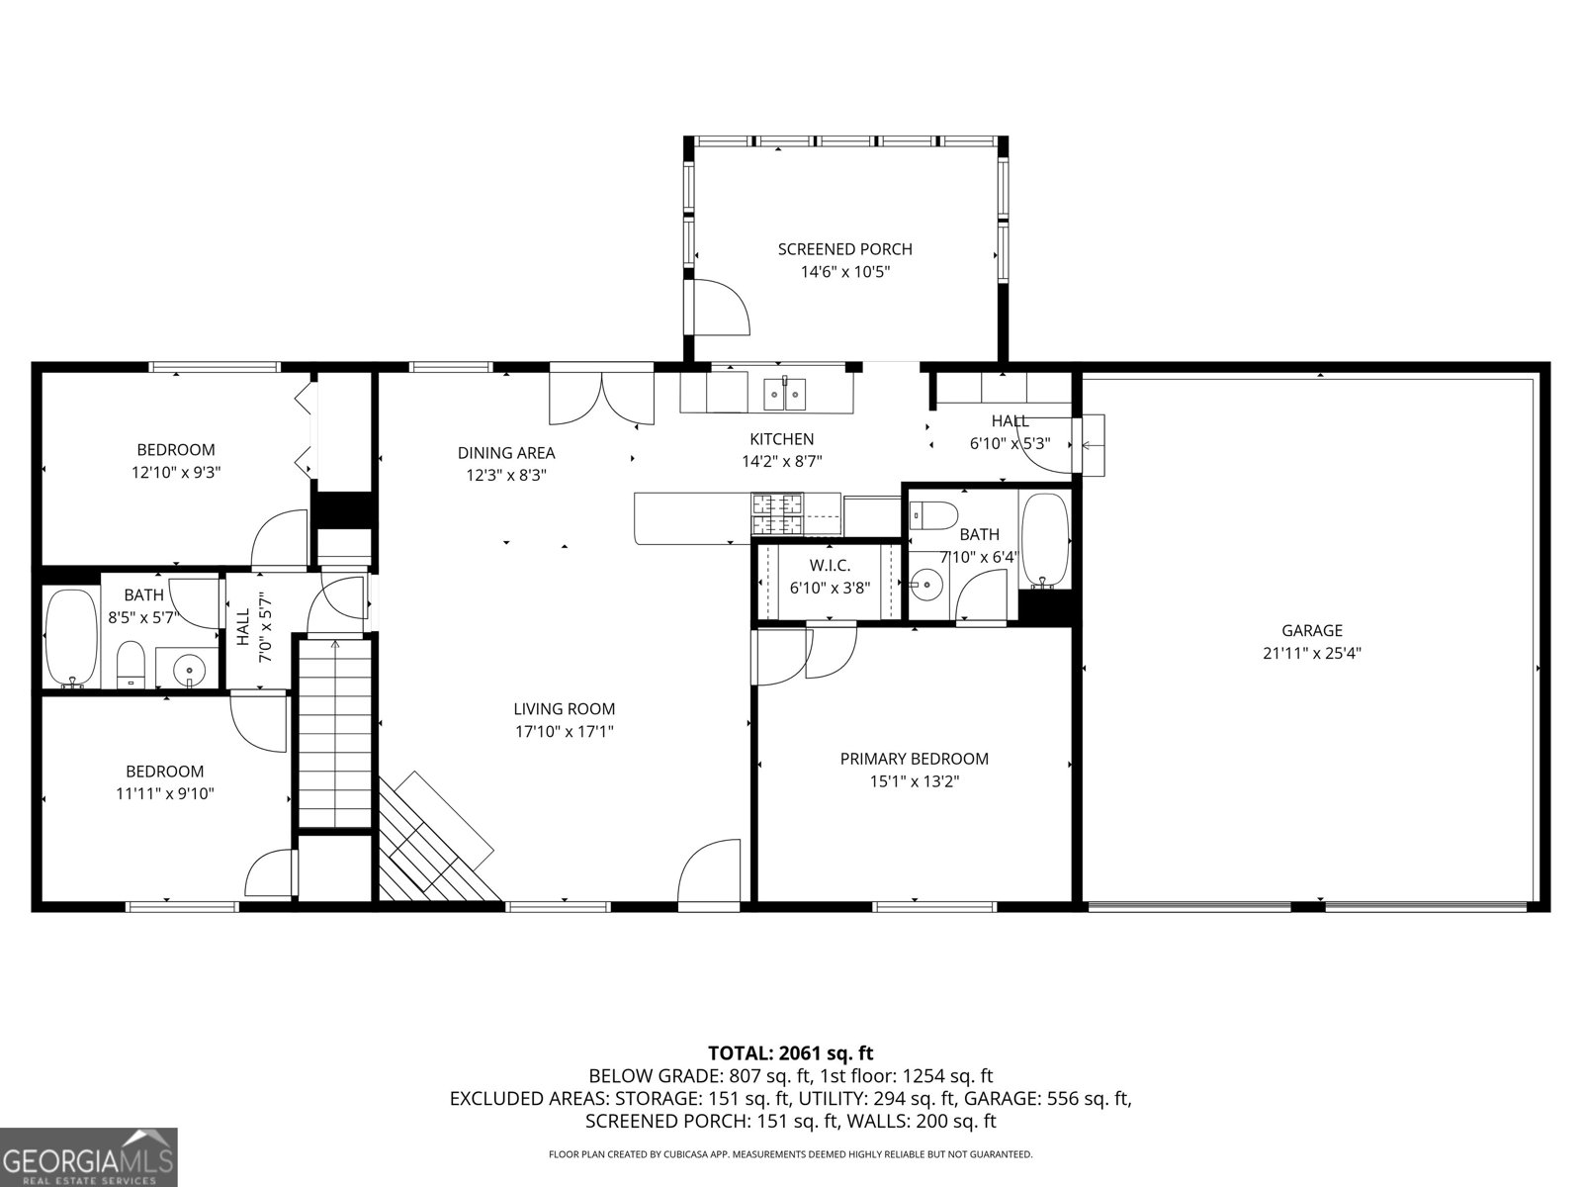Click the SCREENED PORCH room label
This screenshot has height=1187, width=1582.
[844, 249]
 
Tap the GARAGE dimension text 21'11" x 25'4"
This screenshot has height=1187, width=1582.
[1312, 653]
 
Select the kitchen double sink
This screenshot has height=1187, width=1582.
[784, 394]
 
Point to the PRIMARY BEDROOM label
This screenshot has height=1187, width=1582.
[914, 759]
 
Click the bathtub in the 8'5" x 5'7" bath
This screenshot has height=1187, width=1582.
[71, 638]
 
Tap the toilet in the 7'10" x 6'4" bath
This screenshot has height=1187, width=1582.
[933, 514]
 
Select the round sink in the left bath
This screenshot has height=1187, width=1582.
[190, 670]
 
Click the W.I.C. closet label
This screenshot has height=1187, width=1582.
[830, 565]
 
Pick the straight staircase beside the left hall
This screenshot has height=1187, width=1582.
[335, 732]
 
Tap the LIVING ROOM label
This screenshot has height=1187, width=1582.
[564, 709]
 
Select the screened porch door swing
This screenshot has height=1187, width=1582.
[720, 308]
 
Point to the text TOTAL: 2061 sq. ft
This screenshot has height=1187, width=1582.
[790, 1053]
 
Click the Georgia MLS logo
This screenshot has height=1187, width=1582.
[89, 1157]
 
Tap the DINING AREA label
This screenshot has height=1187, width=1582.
[505, 453]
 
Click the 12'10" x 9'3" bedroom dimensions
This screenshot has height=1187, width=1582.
[175, 473]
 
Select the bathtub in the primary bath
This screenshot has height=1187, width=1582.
[1045, 539]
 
